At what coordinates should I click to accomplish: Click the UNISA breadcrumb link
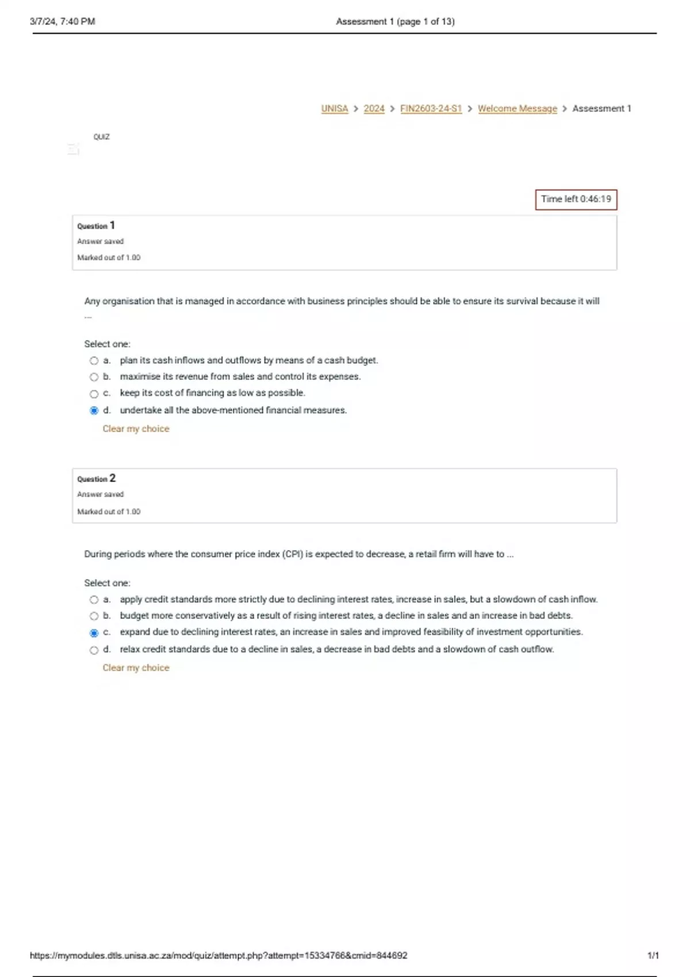click(x=334, y=109)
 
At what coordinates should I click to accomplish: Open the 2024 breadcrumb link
click(x=374, y=109)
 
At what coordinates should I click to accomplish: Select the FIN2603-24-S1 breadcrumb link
click(x=431, y=109)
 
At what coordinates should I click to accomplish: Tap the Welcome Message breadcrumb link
click(x=517, y=109)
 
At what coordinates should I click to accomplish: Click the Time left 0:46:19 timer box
click(x=576, y=199)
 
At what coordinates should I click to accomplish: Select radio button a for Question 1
click(x=94, y=361)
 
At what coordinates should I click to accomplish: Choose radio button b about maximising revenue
click(x=94, y=377)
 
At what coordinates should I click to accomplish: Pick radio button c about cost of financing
click(x=94, y=394)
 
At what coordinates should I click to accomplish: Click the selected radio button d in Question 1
click(x=94, y=410)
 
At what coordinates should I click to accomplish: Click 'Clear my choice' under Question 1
click(x=136, y=429)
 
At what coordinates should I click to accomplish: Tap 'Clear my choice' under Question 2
click(x=136, y=668)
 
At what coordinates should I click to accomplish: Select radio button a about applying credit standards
click(x=94, y=600)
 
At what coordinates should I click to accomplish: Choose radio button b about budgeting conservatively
click(x=94, y=616)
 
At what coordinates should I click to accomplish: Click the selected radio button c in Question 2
click(x=94, y=633)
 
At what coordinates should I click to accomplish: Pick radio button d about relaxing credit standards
click(x=94, y=650)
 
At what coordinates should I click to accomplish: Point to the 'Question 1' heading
click(x=96, y=226)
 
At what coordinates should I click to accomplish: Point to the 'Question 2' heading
click(x=96, y=479)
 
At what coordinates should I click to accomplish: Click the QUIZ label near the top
click(x=101, y=137)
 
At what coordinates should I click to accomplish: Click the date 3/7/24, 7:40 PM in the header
click(x=62, y=22)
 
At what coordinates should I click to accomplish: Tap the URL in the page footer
click(x=218, y=956)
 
